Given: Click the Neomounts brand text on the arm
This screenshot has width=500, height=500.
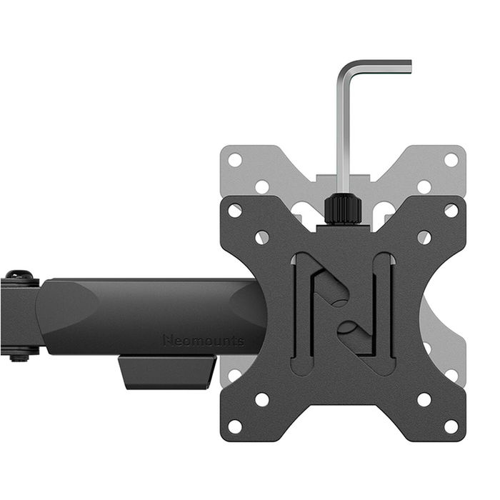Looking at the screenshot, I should (203, 341).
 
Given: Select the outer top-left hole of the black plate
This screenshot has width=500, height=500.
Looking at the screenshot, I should (235, 211).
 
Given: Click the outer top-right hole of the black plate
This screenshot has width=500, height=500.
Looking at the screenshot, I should (451, 211).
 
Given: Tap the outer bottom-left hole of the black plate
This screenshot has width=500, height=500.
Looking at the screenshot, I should (235, 426).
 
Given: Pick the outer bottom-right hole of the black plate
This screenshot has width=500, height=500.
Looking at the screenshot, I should (451, 426).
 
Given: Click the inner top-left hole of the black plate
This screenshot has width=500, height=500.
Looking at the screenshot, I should (262, 237).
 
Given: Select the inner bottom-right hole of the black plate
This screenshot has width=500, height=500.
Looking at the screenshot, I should (424, 399).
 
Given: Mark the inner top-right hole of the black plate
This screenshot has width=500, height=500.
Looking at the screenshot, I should (424, 237).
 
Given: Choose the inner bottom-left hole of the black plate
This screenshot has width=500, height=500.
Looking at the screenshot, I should (262, 399).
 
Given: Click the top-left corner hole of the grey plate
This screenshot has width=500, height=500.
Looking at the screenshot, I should (235, 160).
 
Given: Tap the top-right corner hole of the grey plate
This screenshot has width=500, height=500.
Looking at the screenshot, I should (451, 160).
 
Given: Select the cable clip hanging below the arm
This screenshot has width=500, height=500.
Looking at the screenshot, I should (168, 372).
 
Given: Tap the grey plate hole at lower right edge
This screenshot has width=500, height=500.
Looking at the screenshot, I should (451, 375).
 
